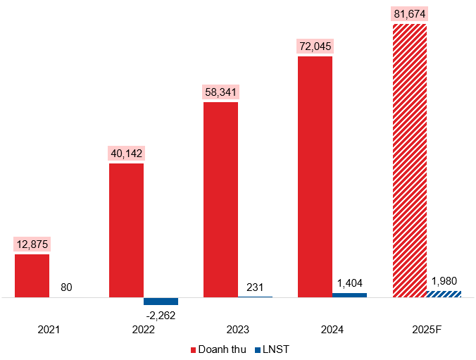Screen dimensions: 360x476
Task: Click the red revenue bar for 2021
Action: [32, 275]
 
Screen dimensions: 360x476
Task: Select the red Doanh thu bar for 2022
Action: [126, 230]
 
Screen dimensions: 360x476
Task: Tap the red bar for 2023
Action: [220, 199]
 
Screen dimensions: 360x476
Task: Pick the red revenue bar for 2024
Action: [315, 177]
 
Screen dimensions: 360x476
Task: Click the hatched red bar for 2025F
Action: [409, 161]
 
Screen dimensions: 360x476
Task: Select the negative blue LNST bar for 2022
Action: [161, 301]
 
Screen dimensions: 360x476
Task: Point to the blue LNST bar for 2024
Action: [349, 294]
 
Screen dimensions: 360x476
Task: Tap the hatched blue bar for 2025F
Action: [444, 294]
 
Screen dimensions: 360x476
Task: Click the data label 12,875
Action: [32, 244]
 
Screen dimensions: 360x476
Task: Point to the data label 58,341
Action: [220, 92]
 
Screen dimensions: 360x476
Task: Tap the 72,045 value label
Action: [315, 46]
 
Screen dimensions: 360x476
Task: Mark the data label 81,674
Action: [409, 14]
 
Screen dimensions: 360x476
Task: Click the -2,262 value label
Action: [161, 314]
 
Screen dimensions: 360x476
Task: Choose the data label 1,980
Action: [444, 281]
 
